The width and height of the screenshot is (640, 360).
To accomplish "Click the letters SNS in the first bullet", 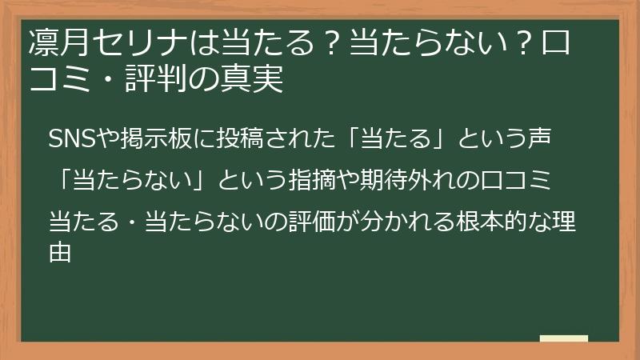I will tap(70, 138).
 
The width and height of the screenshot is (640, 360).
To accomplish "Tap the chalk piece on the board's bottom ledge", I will tap(563, 338).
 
